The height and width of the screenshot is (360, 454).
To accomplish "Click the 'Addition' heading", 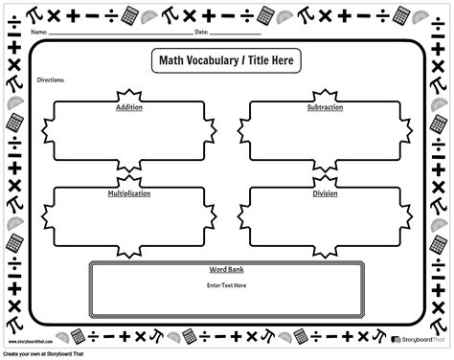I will (x=128, y=108).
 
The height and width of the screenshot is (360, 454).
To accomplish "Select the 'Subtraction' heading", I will (x=325, y=108).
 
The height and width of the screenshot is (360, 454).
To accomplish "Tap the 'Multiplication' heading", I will (x=128, y=193).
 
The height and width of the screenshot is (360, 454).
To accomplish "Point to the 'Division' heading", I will (x=325, y=193).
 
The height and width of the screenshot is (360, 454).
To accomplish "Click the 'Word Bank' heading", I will (x=226, y=271).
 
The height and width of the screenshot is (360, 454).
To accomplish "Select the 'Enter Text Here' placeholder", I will (x=226, y=285).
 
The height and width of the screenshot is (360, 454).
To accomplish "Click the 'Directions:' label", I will (x=50, y=80).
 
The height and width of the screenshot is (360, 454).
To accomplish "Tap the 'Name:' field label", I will (x=38, y=32).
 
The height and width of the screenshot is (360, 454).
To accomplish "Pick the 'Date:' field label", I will (x=201, y=32).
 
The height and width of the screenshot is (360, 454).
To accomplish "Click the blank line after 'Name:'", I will (x=115, y=34).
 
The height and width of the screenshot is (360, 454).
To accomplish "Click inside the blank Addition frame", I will (x=128, y=134).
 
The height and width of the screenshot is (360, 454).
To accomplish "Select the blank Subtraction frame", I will (x=325, y=134).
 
